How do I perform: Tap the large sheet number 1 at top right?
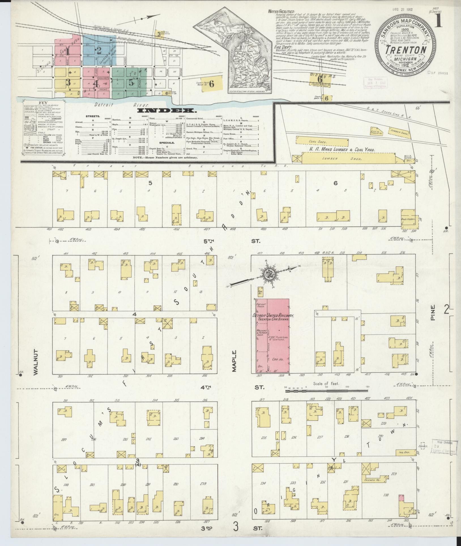[x=439, y=20]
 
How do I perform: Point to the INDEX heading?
[x=166, y=110]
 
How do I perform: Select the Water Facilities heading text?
[x=280, y=12]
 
